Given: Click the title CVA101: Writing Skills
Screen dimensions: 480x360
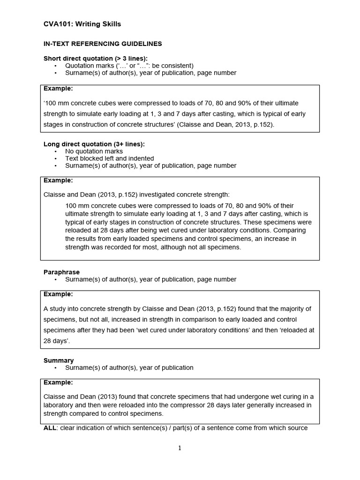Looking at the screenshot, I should click(x=82, y=24).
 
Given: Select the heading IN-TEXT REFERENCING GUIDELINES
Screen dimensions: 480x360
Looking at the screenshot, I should click(x=103, y=44).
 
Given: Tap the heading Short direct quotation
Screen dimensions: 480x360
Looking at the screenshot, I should click(x=95, y=59).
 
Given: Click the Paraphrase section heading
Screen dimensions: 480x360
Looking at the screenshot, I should click(x=61, y=272).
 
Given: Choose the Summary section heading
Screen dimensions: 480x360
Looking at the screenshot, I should click(x=59, y=360).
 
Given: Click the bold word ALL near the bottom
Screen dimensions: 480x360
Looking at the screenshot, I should click(x=50, y=428).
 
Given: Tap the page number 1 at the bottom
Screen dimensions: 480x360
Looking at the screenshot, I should click(x=180, y=448).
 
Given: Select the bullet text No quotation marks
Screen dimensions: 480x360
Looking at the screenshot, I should click(x=94, y=151).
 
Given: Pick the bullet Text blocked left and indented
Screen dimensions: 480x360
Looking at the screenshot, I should click(x=109, y=158).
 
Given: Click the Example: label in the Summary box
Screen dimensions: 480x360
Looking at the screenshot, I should click(x=58, y=382).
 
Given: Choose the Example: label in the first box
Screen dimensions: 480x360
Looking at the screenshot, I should click(x=58, y=89).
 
